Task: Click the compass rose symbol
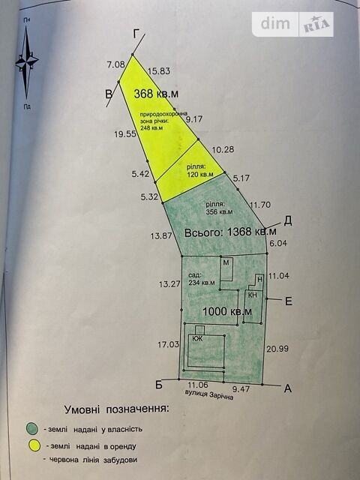(27, 62)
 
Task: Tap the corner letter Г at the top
(136, 34)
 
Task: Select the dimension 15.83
(159, 71)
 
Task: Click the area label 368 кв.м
(156, 94)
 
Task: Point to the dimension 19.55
(125, 133)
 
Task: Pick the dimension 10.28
(223, 149)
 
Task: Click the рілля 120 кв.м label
(200, 171)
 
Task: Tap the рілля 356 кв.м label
(219, 208)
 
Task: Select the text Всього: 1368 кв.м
(230, 232)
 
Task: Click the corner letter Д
(288, 220)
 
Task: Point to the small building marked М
(226, 268)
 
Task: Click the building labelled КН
(253, 306)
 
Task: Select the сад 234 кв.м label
(202, 279)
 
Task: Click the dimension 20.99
(277, 349)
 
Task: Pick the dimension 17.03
(168, 345)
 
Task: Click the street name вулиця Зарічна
(209, 395)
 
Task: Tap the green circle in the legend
(32, 428)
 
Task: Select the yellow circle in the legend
(34, 445)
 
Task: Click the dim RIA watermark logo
(293, 24)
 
